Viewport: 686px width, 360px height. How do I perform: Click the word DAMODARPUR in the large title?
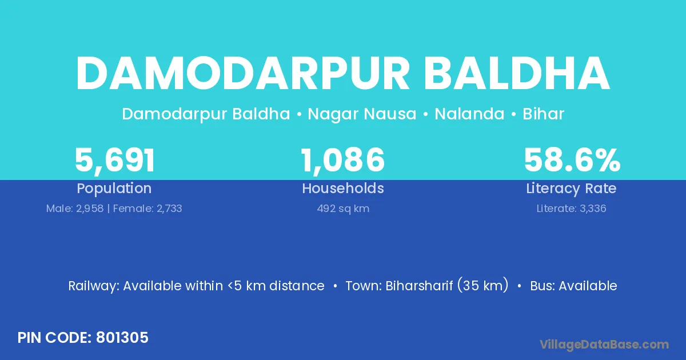click(242, 74)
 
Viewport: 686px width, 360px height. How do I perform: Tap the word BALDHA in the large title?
click(517, 74)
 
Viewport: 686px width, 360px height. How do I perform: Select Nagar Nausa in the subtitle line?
click(362, 114)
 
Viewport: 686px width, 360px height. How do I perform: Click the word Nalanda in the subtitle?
click(469, 114)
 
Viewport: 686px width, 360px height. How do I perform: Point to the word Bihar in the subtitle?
click(543, 114)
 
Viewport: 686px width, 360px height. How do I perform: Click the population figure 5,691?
click(115, 161)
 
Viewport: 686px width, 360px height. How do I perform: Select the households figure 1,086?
click(342, 160)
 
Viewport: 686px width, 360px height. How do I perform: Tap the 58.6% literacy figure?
click(572, 160)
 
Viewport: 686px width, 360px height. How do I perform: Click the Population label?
click(114, 189)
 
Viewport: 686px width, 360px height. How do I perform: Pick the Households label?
click(343, 188)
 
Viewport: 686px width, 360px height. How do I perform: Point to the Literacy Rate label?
click(571, 189)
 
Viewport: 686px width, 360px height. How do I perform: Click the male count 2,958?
click(90, 209)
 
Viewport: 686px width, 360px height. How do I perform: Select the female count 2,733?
click(169, 209)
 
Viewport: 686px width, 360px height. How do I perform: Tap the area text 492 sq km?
click(343, 209)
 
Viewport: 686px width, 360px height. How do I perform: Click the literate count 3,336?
click(593, 209)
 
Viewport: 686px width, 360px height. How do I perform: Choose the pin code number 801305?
click(122, 338)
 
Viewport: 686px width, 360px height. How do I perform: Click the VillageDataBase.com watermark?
click(604, 345)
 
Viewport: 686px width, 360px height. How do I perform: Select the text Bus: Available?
click(573, 286)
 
